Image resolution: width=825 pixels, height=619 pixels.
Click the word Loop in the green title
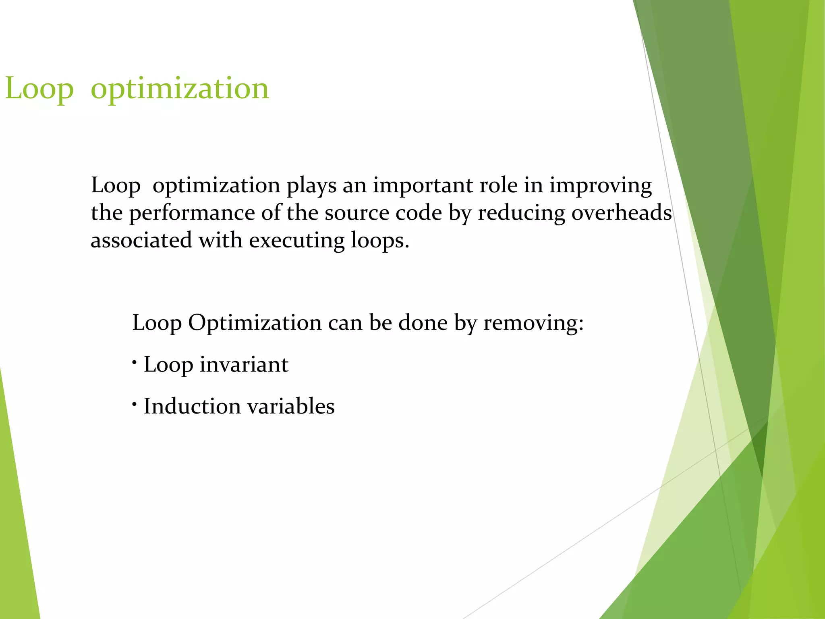coord(39,88)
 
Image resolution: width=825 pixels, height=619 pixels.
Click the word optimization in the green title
coord(180,88)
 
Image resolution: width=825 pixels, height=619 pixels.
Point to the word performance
coord(192,213)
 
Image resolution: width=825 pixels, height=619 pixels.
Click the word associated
coord(141,240)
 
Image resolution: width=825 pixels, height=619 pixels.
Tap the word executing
coord(296,241)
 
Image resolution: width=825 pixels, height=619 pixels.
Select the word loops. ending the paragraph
coord(379,240)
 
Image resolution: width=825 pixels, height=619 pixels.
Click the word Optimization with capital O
coord(255,323)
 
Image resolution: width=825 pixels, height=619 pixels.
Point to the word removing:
coord(533,323)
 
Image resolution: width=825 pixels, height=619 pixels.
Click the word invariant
coord(244,364)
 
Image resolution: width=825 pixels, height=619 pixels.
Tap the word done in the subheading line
coord(423,323)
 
